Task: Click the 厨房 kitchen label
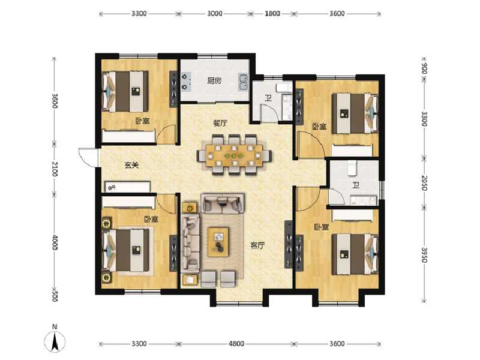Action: tap(214, 81)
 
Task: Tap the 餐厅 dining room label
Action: tap(220, 123)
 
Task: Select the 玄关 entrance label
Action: tap(131, 166)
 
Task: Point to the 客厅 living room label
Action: tap(258, 245)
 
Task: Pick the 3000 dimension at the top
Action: tap(215, 13)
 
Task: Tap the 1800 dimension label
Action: tap(272, 13)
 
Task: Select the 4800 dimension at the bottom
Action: tap(236, 344)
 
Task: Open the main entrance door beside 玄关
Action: tap(89, 157)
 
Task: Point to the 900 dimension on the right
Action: tap(424, 67)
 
